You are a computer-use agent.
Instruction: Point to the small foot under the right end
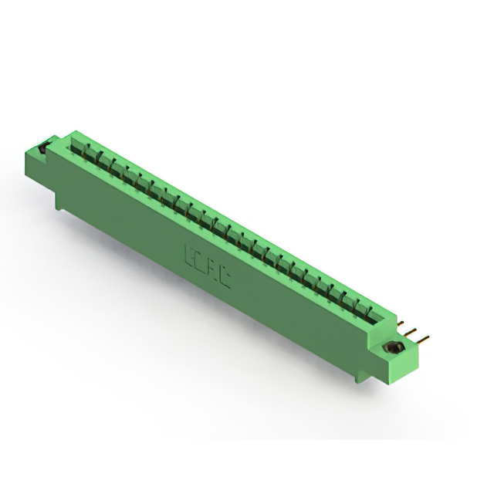(x=356, y=378)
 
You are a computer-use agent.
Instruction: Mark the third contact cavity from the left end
(x=103, y=157)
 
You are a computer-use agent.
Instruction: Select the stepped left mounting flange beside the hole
(x=48, y=154)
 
